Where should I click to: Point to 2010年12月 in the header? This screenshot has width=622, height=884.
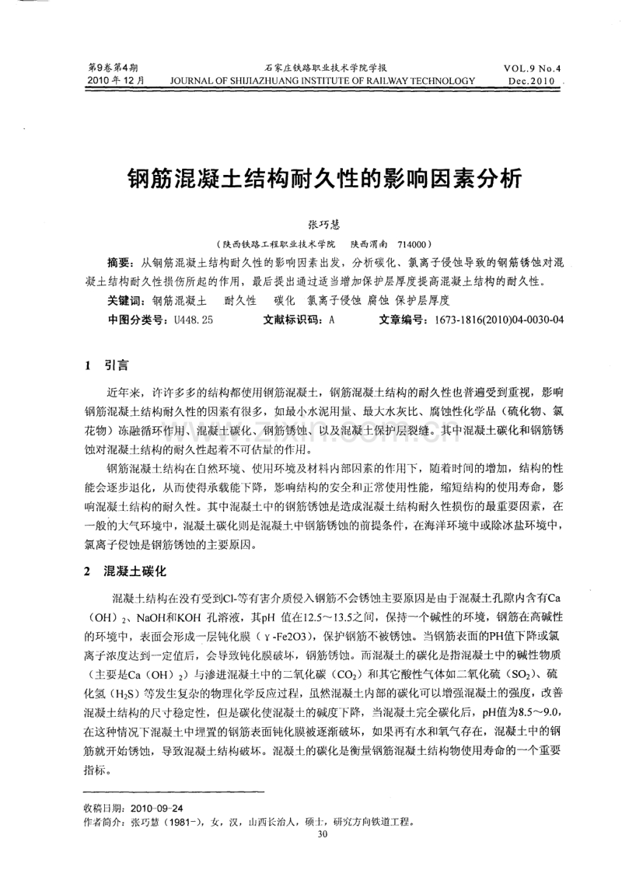[x=112, y=80]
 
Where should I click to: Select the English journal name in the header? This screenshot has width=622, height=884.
[x=321, y=80]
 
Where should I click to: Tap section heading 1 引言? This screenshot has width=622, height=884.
[x=107, y=362]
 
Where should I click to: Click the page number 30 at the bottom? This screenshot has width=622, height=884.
[x=323, y=857]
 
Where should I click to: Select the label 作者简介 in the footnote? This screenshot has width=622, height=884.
[x=103, y=845]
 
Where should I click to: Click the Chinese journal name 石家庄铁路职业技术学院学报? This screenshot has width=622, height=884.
[x=321, y=68]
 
